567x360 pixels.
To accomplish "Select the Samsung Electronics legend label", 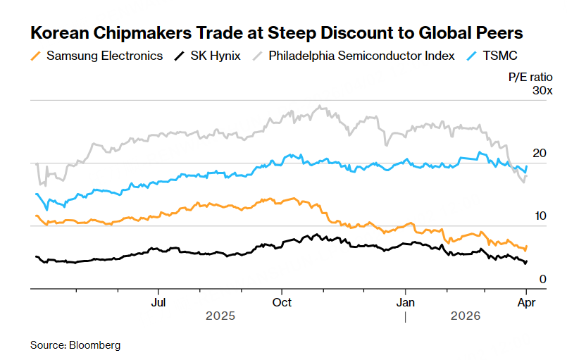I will click(x=104, y=56).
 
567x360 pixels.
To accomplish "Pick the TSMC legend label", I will click(x=501, y=56).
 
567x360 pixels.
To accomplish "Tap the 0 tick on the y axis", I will click(x=543, y=279).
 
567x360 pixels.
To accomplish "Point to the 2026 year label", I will click(x=466, y=316).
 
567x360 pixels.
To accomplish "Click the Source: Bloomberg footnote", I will click(x=75, y=345).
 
